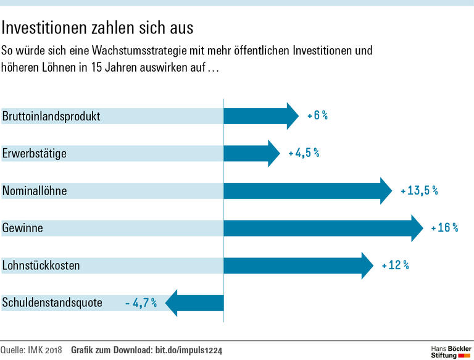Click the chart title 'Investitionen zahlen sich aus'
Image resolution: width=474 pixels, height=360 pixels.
point(98,28)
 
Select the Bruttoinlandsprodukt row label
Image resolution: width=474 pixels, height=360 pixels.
point(51,116)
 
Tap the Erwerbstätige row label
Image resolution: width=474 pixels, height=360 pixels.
point(34,153)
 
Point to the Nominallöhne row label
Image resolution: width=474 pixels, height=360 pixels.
point(35,191)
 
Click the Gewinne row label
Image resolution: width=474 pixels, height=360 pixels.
point(22,228)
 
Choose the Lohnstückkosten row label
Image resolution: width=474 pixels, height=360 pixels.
point(41,266)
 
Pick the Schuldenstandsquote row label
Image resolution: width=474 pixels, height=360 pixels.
point(52,303)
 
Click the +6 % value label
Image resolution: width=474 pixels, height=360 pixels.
point(317,115)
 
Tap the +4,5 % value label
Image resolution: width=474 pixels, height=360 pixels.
point(304,153)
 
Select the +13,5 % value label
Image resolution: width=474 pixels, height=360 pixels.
point(419,191)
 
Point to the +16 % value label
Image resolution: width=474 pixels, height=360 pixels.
point(444,228)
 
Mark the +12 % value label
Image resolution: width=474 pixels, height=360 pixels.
point(395,266)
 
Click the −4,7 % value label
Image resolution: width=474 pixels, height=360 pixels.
point(141,303)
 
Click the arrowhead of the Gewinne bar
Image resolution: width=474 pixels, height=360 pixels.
point(417,228)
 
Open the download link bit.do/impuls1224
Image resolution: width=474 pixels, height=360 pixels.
point(187,350)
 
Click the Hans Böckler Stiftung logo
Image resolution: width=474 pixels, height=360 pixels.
point(450,350)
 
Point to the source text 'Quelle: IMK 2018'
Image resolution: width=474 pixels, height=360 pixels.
point(31,350)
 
